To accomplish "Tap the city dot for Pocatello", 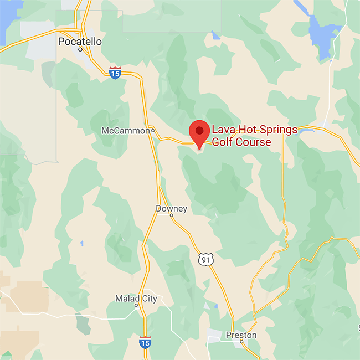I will (80, 49).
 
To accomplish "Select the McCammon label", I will (126, 131).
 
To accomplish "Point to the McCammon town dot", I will (153, 131).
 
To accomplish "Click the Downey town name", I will (171, 209).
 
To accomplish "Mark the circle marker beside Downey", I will (172, 215).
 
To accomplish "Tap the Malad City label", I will (136, 299).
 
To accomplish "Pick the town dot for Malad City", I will (136, 305).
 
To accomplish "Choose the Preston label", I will (241, 335).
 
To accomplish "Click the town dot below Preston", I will (241, 342).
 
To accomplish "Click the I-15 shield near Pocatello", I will (115, 73).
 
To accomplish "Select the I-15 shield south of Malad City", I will (145, 342).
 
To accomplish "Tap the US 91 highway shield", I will (206, 259).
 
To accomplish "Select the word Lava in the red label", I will (223, 130).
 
